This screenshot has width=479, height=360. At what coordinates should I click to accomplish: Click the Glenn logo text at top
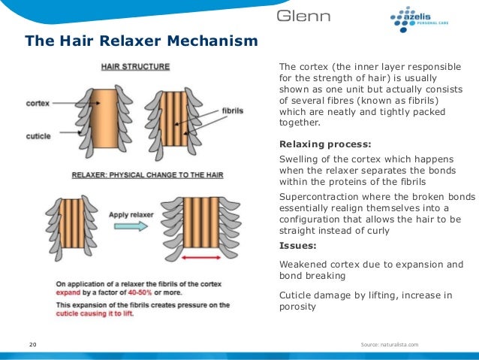pyautogui.click(x=307, y=17)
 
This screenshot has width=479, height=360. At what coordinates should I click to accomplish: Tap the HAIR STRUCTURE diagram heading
pyautogui.click(x=135, y=66)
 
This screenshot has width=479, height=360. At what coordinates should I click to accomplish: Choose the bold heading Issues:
pyautogui.click(x=297, y=246)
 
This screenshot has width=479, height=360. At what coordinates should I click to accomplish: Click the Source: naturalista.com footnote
pyautogui.click(x=389, y=344)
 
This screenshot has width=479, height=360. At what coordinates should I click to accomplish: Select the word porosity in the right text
pyautogui.click(x=299, y=306)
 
